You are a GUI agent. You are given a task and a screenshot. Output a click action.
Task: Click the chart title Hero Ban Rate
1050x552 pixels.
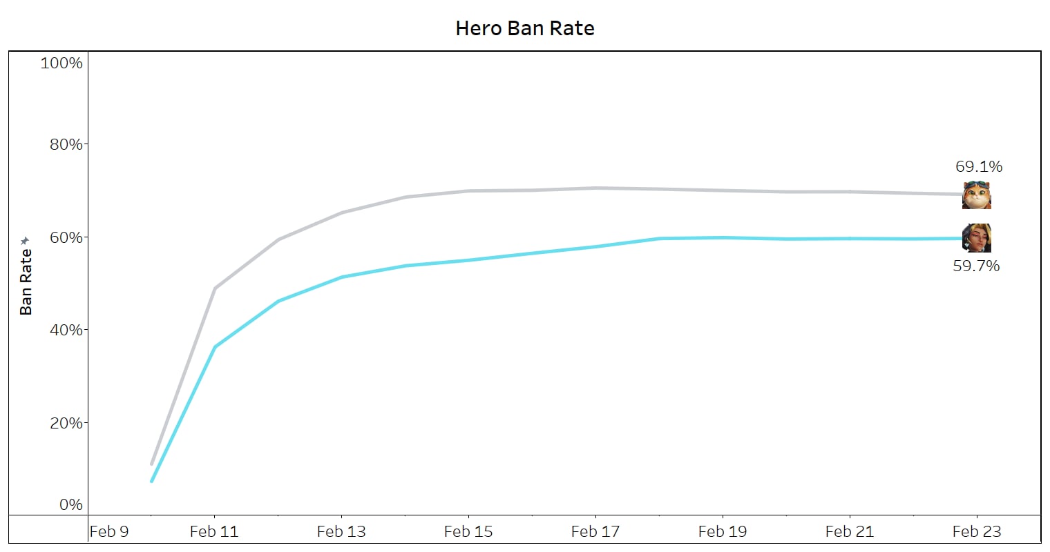coord(525,28)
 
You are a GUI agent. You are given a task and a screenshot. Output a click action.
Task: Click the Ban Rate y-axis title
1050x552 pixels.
coord(26,282)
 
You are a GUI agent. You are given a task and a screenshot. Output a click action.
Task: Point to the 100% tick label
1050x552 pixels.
coord(61,63)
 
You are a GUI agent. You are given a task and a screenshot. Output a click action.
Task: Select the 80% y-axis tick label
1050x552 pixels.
coord(66,145)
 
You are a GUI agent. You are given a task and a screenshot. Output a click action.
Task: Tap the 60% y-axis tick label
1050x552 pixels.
coord(66,237)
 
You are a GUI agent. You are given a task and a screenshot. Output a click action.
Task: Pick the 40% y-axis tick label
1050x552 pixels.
coord(66,330)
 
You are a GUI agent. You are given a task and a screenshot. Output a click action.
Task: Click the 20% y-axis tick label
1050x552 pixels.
coord(66,423)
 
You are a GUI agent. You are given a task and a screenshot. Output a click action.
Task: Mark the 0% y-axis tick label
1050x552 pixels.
coord(70,504)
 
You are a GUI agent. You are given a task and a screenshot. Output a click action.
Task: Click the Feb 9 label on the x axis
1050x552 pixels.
coord(109,531)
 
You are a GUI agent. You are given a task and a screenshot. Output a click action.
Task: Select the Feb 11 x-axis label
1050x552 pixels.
coord(214,531)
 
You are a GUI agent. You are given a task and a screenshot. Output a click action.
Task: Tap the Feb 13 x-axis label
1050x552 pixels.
coord(341,531)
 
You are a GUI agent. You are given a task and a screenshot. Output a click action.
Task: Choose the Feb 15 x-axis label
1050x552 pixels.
coord(468,531)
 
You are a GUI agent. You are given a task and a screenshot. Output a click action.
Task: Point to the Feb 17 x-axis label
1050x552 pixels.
coord(595,531)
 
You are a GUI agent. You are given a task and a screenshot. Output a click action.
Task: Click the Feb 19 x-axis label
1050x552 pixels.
coord(723,531)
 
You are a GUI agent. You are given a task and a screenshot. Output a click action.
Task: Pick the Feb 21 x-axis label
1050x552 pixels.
coord(850,531)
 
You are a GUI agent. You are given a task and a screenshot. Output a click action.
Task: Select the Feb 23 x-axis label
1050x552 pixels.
coord(977,531)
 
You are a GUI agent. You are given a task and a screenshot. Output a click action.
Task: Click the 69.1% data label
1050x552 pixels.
coord(979,166)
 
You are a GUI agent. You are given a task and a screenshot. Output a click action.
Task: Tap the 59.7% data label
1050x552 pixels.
coord(976,266)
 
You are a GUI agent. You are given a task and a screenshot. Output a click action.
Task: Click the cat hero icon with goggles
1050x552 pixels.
coord(977,195)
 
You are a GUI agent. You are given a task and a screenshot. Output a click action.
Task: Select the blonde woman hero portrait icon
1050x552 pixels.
coord(977,238)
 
